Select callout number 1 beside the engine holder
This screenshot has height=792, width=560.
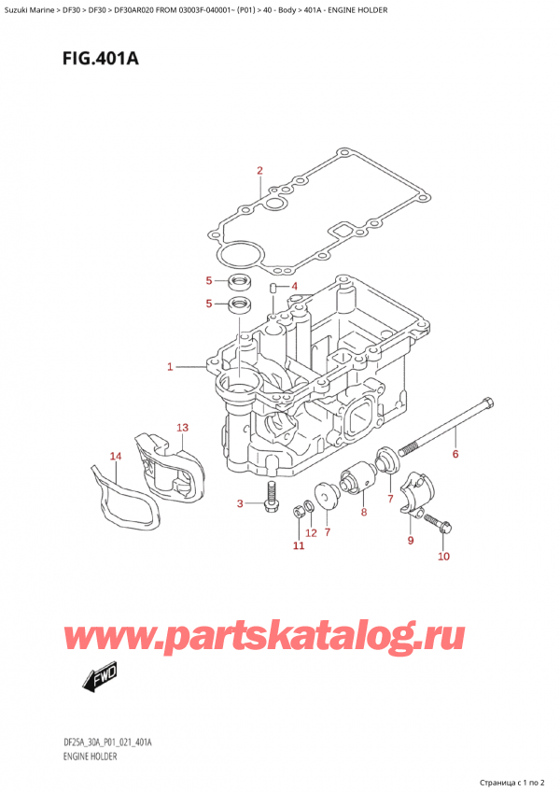pyautogui.click(x=170, y=367)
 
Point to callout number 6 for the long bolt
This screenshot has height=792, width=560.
pyautogui.click(x=455, y=455)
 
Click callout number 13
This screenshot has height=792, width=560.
pyautogui.click(x=183, y=428)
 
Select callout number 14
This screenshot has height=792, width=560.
pyautogui.click(x=116, y=456)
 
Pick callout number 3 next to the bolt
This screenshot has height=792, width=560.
pyautogui.click(x=240, y=504)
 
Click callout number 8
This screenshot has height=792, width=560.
pyautogui.click(x=363, y=512)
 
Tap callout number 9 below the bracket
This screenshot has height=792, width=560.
pyautogui.click(x=410, y=540)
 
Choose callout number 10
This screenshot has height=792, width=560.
pyautogui.click(x=443, y=558)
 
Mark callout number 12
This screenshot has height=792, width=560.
pyautogui.click(x=311, y=532)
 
